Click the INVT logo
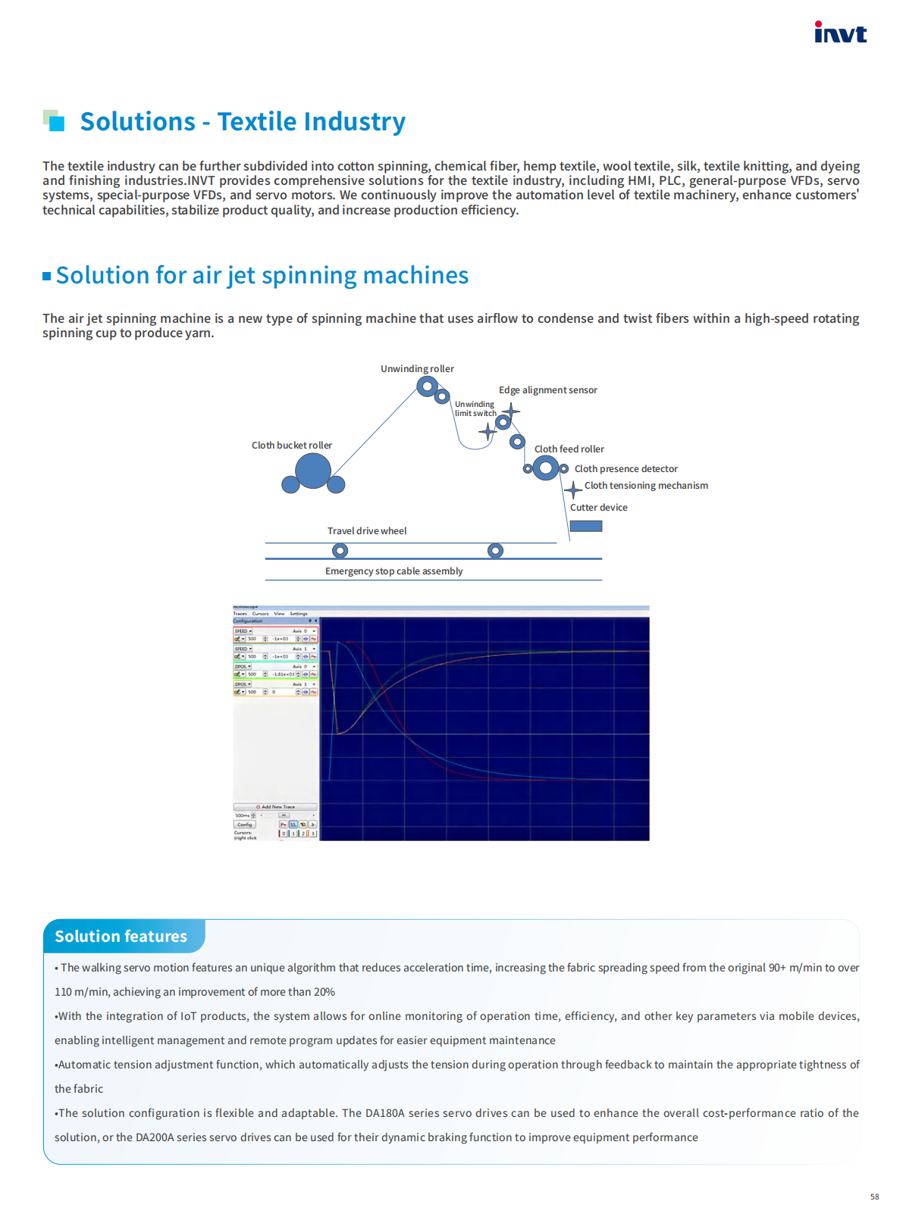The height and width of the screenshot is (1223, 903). [x=840, y=33]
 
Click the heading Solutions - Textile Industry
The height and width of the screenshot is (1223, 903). [x=243, y=122]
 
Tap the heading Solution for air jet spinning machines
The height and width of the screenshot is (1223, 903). [x=262, y=276]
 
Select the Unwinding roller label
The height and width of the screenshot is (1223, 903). [x=417, y=369]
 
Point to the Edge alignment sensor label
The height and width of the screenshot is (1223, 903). [x=547, y=390]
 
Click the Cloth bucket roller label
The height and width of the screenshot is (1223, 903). [x=292, y=446]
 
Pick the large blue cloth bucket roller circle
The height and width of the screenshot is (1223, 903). [x=312, y=471]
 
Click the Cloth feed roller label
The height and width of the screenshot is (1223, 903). [x=569, y=449]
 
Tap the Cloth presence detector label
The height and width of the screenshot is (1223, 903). [x=626, y=469]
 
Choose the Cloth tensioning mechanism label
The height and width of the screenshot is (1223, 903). [x=646, y=486]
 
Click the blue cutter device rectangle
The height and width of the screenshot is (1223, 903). [x=586, y=526]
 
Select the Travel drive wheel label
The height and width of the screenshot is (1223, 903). [x=367, y=531]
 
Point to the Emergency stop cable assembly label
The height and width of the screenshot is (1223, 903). [x=393, y=571]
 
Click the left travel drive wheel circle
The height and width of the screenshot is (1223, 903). [x=340, y=551]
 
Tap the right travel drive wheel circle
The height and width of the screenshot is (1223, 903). [x=495, y=551]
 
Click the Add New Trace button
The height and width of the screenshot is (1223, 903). [x=275, y=807]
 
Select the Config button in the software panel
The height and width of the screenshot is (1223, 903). [x=244, y=824]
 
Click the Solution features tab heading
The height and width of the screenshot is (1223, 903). [x=121, y=937]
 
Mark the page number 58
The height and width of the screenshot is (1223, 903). [x=874, y=1197]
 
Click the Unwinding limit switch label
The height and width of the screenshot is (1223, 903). [x=475, y=409]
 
